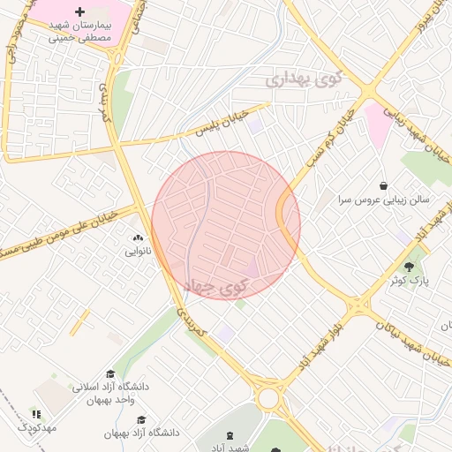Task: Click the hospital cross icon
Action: pos(80,11)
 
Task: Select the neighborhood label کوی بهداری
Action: pos(300,79)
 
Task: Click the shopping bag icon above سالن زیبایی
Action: pos(384,185)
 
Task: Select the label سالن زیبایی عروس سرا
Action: pos(382,200)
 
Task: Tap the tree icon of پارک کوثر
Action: pos(408,266)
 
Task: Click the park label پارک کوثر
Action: pos(409,280)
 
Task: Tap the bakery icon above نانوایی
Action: pos(137,237)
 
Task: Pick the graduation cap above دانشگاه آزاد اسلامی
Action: pos(109,373)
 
